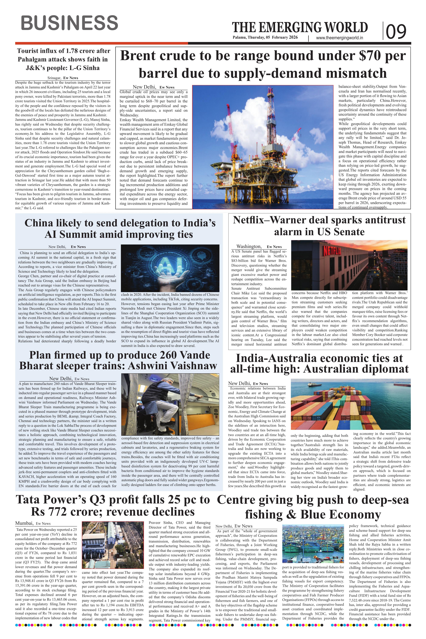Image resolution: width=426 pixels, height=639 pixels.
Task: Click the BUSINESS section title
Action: [69, 23]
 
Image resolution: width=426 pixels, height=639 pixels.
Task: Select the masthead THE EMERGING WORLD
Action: [300, 28]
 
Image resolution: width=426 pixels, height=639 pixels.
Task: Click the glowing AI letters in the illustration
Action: [171, 264]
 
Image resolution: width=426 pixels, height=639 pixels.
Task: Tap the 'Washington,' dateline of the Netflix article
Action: [249, 246]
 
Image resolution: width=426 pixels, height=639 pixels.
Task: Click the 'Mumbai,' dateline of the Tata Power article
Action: [24, 523]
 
